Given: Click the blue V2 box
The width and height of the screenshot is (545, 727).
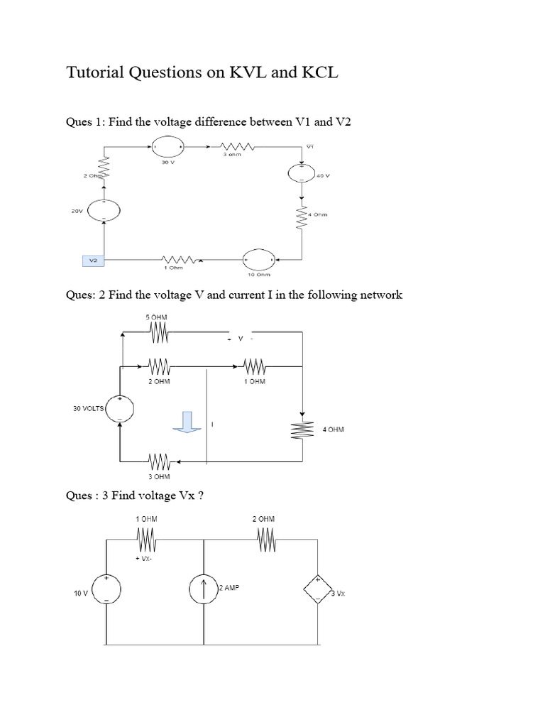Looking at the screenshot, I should click(93, 261).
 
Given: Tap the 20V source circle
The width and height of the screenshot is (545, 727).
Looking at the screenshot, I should click(104, 209).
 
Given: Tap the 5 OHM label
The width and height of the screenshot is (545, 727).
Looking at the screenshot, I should click(157, 317).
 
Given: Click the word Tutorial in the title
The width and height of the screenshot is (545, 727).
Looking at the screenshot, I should click(97, 73).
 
